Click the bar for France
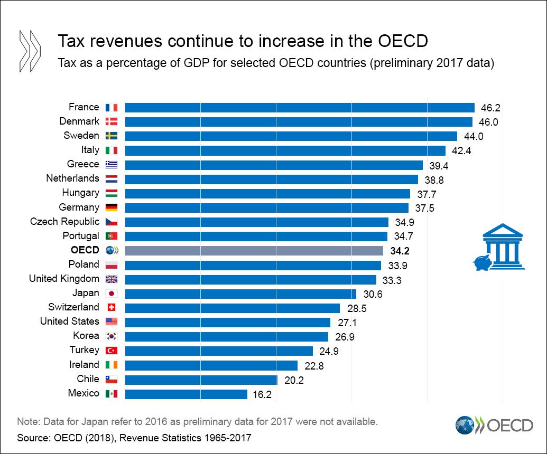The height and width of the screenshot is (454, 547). coord(299,108)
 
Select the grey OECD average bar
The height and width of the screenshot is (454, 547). coord(254,250)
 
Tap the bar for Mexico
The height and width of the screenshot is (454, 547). coord(186,394)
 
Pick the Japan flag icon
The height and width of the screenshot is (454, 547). coord(112,294)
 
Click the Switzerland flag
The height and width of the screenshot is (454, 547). coord(112,308)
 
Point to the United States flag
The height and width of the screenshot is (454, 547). coord(112,322)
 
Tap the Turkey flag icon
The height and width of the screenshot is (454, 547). coord(112,351)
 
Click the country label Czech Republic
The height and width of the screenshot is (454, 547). coord(64,222)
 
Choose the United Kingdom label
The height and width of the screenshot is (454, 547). coord(64,279)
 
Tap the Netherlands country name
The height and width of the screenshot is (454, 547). coord(72,178)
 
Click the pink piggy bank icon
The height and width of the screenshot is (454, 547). coord(481,262)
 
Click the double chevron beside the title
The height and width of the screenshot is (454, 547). coord(30,51)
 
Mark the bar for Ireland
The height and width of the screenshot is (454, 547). coord(211,365)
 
